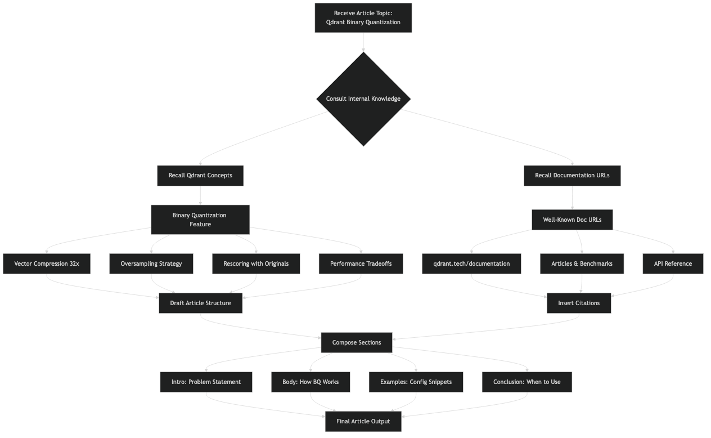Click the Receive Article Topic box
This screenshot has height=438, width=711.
coord(363,18)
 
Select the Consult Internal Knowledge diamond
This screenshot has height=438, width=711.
coord(363,99)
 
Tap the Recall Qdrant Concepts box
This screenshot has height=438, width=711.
coord(200,175)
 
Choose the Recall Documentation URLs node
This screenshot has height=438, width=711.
coord(572,175)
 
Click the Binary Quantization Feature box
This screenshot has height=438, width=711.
coord(200,220)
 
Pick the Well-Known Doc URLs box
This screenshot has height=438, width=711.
coord(572,220)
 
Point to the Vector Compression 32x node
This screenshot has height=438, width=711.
coord(47,263)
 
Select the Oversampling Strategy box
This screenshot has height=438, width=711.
coord(151,263)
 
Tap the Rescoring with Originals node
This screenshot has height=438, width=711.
coord(256,263)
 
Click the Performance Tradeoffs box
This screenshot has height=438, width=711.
coord(361,263)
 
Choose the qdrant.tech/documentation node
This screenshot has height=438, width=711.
coord(471,263)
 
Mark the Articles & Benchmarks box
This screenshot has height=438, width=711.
coord(582,263)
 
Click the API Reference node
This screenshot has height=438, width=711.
coord(673,263)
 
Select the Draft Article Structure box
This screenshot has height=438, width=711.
coord(201,303)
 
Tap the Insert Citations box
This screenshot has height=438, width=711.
coord(579,303)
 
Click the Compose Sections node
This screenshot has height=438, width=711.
coord(357,342)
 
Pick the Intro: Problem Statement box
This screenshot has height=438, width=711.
coord(206,382)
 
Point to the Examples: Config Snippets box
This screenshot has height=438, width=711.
coord(416,382)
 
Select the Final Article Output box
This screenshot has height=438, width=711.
coord(363,421)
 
